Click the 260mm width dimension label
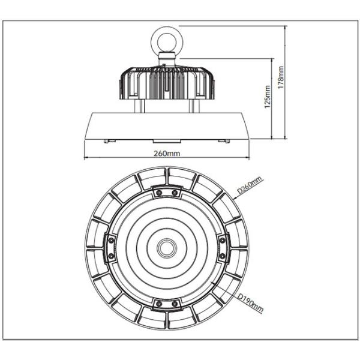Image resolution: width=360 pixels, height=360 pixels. (x=167, y=154)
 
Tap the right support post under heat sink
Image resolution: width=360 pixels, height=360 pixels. (x=193, y=106)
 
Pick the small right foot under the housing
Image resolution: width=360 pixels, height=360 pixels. (x=226, y=140)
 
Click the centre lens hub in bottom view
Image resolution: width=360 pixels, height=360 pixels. (x=166, y=247)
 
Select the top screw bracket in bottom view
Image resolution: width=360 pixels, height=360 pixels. (x=166, y=191)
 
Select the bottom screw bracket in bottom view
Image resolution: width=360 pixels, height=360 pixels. (x=166, y=302)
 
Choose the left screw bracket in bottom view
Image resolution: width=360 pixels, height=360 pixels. (x=110, y=247)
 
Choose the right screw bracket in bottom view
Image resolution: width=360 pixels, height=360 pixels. (x=221, y=247)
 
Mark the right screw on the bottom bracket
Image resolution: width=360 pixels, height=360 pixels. (x=175, y=302)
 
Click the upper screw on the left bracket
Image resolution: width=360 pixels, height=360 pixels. (x=111, y=239)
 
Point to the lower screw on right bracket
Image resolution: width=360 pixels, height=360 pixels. (x=221, y=255)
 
